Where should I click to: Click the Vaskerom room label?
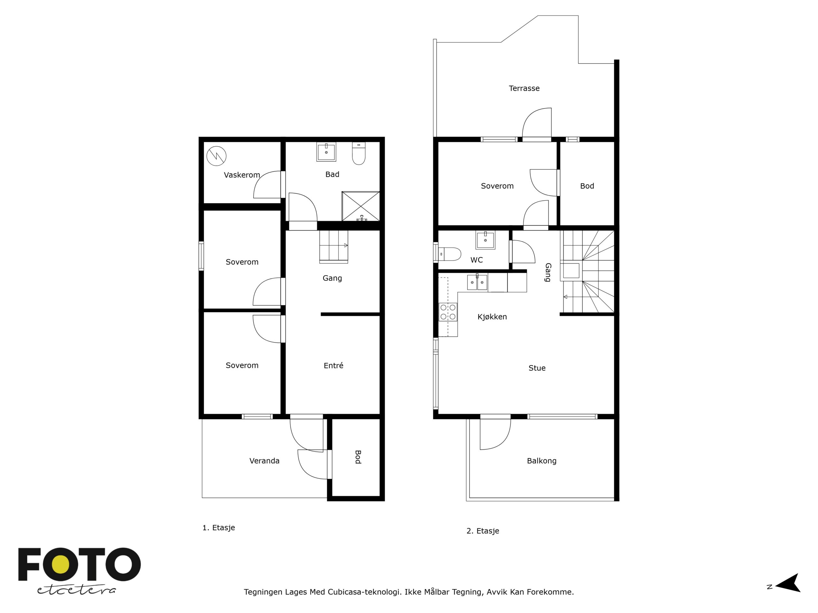[x=242, y=175]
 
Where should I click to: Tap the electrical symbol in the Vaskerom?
[x=216, y=156]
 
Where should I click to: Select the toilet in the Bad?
[x=359, y=153]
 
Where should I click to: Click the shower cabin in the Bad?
[x=360, y=206]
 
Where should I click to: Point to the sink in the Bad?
[x=326, y=152]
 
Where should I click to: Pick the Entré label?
[x=334, y=366]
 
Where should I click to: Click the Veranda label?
[x=264, y=461]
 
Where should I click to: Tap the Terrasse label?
[x=524, y=88]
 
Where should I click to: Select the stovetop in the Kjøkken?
[x=448, y=312]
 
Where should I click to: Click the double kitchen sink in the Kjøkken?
[x=477, y=283]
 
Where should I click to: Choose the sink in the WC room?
[x=485, y=240]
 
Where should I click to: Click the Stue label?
[x=537, y=368]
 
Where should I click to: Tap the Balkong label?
[x=542, y=461]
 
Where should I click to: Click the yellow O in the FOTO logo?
[x=61, y=564]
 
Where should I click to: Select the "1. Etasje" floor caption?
[x=219, y=528]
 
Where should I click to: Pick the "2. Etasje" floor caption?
[x=482, y=531]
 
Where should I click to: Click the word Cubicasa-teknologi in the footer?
[x=364, y=592]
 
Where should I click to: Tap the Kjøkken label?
[x=492, y=317]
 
